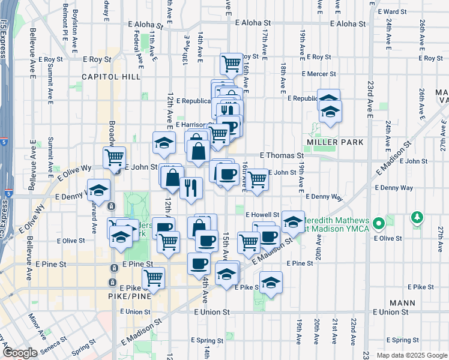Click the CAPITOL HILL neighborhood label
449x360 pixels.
click(111, 77)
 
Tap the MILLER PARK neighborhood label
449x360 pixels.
click(335, 142)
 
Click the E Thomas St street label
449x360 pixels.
click(282, 155)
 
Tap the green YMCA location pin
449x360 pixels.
click(378, 225)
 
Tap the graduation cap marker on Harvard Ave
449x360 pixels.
click(99, 190)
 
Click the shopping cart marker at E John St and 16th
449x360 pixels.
click(258, 178)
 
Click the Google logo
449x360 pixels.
click(20, 353)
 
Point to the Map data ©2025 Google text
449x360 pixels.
click(411, 355)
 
